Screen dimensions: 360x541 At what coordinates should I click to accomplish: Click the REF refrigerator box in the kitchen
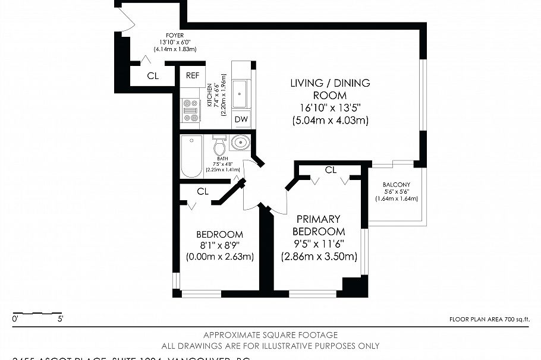click(x=192, y=75)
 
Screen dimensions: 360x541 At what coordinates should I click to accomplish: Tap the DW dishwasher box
click(x=241, y=119)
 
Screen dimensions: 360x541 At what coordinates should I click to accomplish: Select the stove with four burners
click(x=191, y=110)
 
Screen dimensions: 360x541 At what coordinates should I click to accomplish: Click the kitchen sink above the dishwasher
click(x=240, y=94)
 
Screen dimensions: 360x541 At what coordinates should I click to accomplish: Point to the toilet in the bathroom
click(x=219, y=144)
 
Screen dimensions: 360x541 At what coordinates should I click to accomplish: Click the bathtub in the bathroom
click(x=191, y=156)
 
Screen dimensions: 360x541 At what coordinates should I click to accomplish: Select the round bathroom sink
click(x=241, y=143)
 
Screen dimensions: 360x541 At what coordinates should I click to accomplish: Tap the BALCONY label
click(x=396, y=184)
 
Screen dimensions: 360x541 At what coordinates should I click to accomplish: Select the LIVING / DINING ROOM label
click(x=330, y=89)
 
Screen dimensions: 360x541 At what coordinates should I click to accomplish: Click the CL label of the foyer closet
click(x=153, y=76)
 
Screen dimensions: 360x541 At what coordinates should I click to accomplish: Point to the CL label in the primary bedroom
click(x=331, y=170)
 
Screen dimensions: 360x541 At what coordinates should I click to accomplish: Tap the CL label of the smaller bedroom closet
click(x=203, y=191)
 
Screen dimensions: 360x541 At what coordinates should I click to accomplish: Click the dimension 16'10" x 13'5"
click(x=330, y=108)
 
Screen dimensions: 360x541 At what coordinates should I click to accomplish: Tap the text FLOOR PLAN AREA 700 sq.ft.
click(x=489, y=320)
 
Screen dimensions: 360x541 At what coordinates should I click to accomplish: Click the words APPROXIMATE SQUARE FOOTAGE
click(x=270, y=335)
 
